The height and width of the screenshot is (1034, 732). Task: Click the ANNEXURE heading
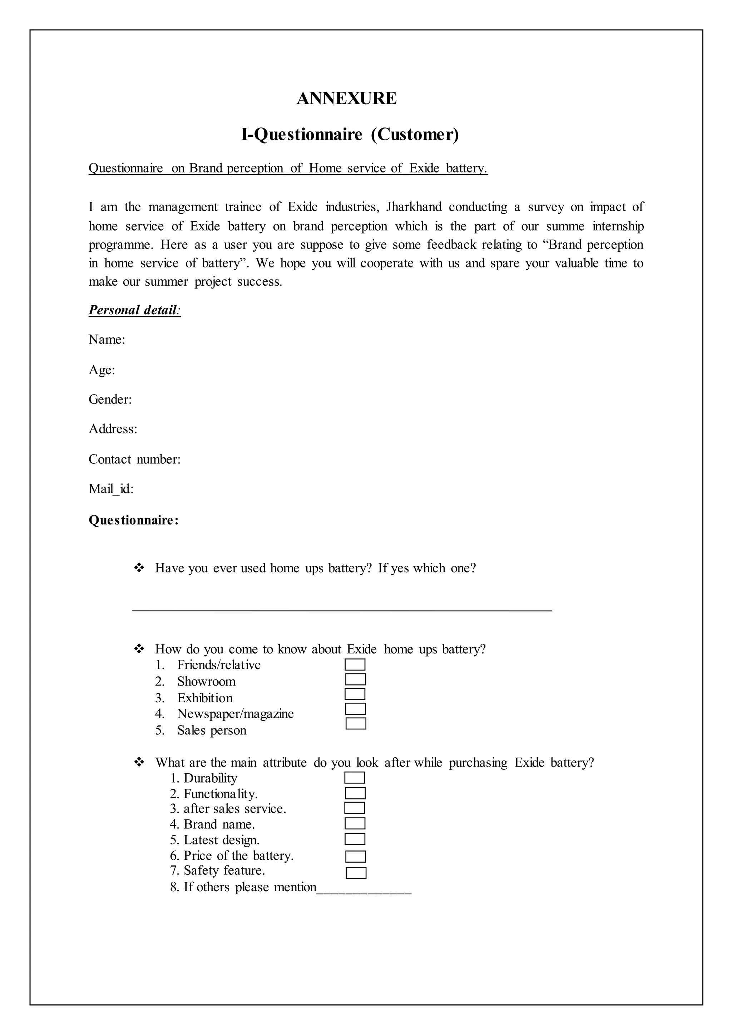(347, 98)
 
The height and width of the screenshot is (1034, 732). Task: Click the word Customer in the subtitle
(414, 134)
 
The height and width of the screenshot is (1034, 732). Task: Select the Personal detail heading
(134, 310)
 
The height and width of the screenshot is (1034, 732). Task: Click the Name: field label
(107, 340)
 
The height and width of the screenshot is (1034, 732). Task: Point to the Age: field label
(102, 370)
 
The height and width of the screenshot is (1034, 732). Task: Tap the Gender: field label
(110, 400)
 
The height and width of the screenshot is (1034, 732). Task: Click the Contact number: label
(134, 460)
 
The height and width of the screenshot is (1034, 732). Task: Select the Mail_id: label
(111, 489)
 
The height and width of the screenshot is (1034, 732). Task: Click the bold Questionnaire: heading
(133, 520)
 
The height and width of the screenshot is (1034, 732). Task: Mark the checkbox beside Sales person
(356, 724)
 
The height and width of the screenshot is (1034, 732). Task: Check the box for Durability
(354, 778)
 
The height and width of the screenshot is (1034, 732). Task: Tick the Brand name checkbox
(355, 824)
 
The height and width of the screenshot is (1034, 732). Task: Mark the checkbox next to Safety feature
(356, 873)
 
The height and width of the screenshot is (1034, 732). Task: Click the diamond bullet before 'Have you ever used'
(139, 568)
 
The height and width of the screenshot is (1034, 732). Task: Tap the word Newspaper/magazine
(235, 714)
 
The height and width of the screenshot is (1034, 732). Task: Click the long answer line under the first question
(342, 610)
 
